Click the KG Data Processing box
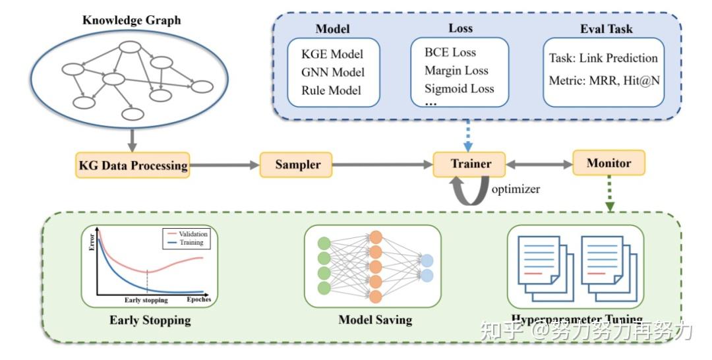tap(132, 165)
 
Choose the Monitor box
tap(608, 163)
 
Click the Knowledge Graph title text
tap(131, 20)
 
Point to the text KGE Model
tap(332, 53)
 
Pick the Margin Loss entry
tap(456, 71)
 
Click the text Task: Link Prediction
tap(603, 58)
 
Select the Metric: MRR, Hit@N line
tap(603, 82)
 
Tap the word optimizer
tap(516, 189)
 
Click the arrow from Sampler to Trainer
tap(382, 164)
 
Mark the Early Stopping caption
tap(150, 321)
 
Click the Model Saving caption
tap(374, 320)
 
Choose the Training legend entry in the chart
tap(191, 243)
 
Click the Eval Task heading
tap(606, 29)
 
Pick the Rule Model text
tap(331, 90)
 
